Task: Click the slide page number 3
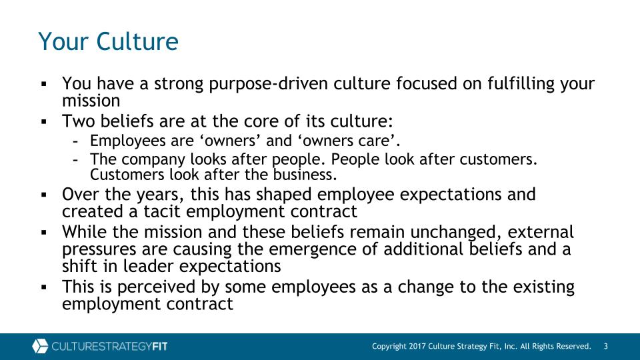point(606,346)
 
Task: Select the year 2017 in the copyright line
point(418,346)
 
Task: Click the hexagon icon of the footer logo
point(40,346)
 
